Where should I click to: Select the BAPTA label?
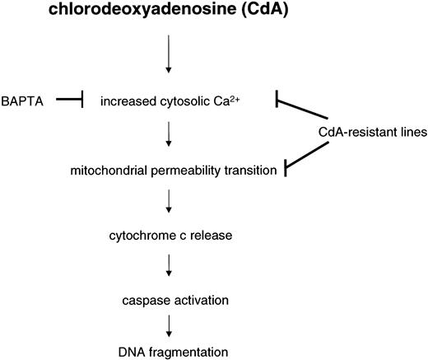point(26,101)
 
